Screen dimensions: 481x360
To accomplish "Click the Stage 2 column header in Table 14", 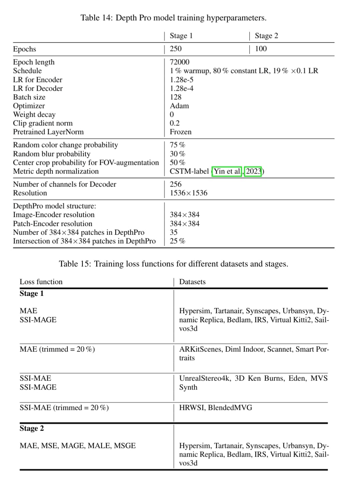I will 266,36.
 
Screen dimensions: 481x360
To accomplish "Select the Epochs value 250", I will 176,49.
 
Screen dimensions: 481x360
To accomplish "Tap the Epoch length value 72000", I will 179,62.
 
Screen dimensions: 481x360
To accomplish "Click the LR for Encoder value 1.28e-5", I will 181,80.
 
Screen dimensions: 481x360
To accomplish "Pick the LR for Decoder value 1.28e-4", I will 181,88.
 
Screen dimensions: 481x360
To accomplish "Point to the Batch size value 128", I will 176,97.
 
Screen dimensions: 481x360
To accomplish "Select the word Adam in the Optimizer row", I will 179,106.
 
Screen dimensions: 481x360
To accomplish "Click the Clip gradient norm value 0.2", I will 174,123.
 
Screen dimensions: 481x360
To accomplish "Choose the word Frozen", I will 181,132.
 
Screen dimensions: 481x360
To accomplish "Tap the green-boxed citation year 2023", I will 253,171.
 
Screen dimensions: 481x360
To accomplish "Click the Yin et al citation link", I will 227,171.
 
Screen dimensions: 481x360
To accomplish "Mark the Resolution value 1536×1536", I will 188,193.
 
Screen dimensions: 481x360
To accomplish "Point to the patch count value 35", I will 174,232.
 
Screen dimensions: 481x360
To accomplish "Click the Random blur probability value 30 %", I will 177,154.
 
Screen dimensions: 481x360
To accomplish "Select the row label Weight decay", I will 34,114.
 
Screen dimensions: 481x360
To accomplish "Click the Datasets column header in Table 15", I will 192,282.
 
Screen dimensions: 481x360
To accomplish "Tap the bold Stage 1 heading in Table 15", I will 32,294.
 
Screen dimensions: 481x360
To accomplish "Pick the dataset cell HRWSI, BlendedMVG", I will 215,408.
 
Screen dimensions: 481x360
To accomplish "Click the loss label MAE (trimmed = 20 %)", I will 57,349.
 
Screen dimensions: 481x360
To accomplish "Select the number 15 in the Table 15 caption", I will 86,264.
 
